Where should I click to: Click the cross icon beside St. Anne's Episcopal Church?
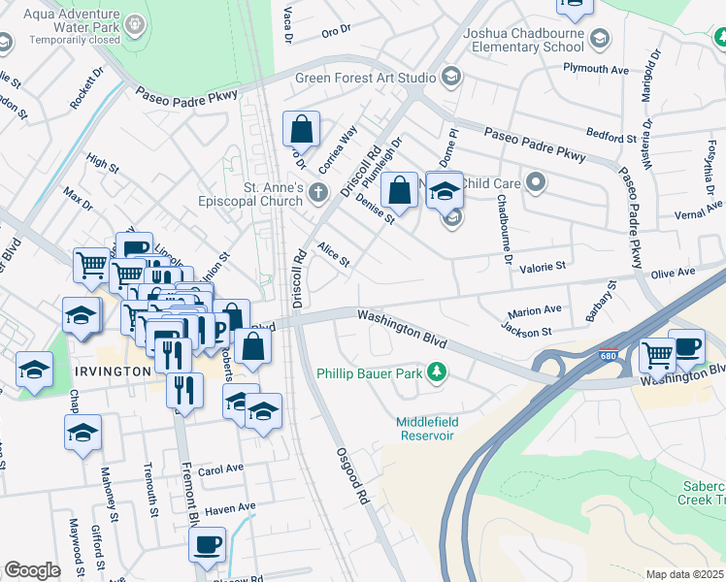(x=318, y=194)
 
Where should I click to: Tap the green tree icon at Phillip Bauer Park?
(x=438, y=372)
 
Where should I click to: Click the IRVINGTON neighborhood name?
(x=111, y=372)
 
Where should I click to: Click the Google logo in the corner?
(x=32, y=570)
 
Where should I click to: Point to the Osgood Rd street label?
(x=353, y=481)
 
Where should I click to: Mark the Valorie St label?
(x=543, y=267)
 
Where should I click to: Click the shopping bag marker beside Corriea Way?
(x=301, y=129)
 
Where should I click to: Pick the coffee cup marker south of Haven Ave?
(x=206, y=544)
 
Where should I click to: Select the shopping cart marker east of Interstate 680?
(x=657, y=354)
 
